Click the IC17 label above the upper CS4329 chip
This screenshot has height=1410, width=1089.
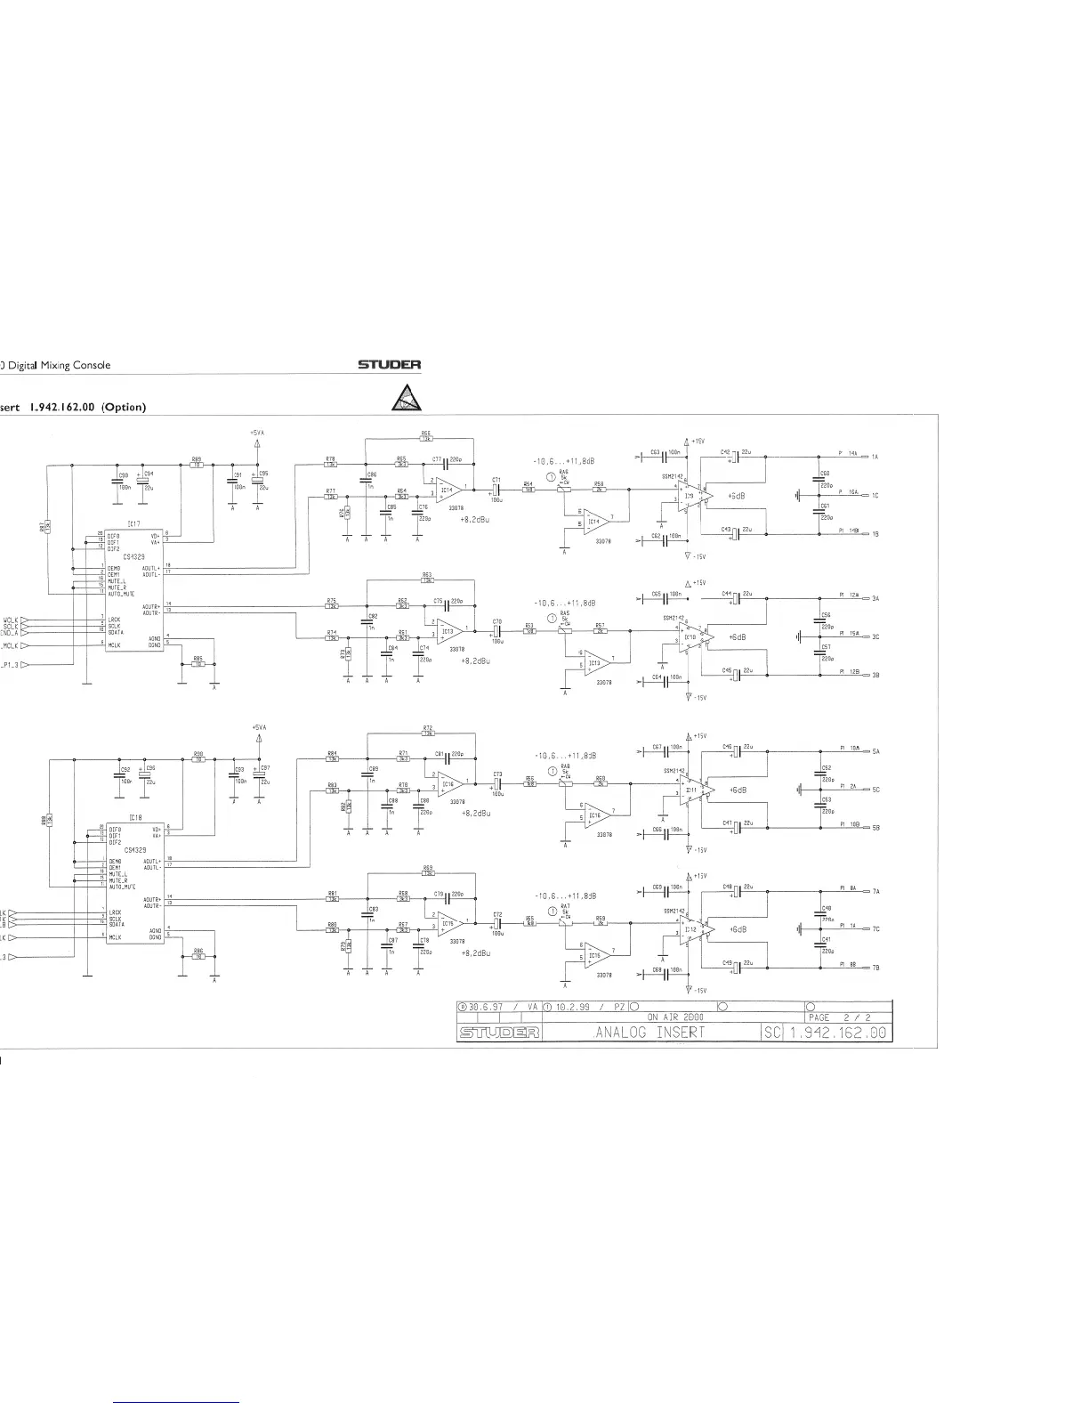click(133, 523)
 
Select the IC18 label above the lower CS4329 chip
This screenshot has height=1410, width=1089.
click(133, 817)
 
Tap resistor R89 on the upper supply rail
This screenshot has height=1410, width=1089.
click(197, 464)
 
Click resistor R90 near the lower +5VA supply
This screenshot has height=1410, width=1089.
click(198, 758)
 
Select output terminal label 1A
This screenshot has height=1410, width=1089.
click(875, 457)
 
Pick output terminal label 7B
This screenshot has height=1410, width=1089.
click(875, 967)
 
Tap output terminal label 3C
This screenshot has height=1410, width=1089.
click(875, 636)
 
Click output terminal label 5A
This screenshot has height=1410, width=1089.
click(875, 751)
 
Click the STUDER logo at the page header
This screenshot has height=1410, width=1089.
click(389, 364)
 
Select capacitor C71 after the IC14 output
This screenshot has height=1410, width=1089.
click(498, 489)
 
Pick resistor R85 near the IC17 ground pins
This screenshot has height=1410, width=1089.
click(198, 662)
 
